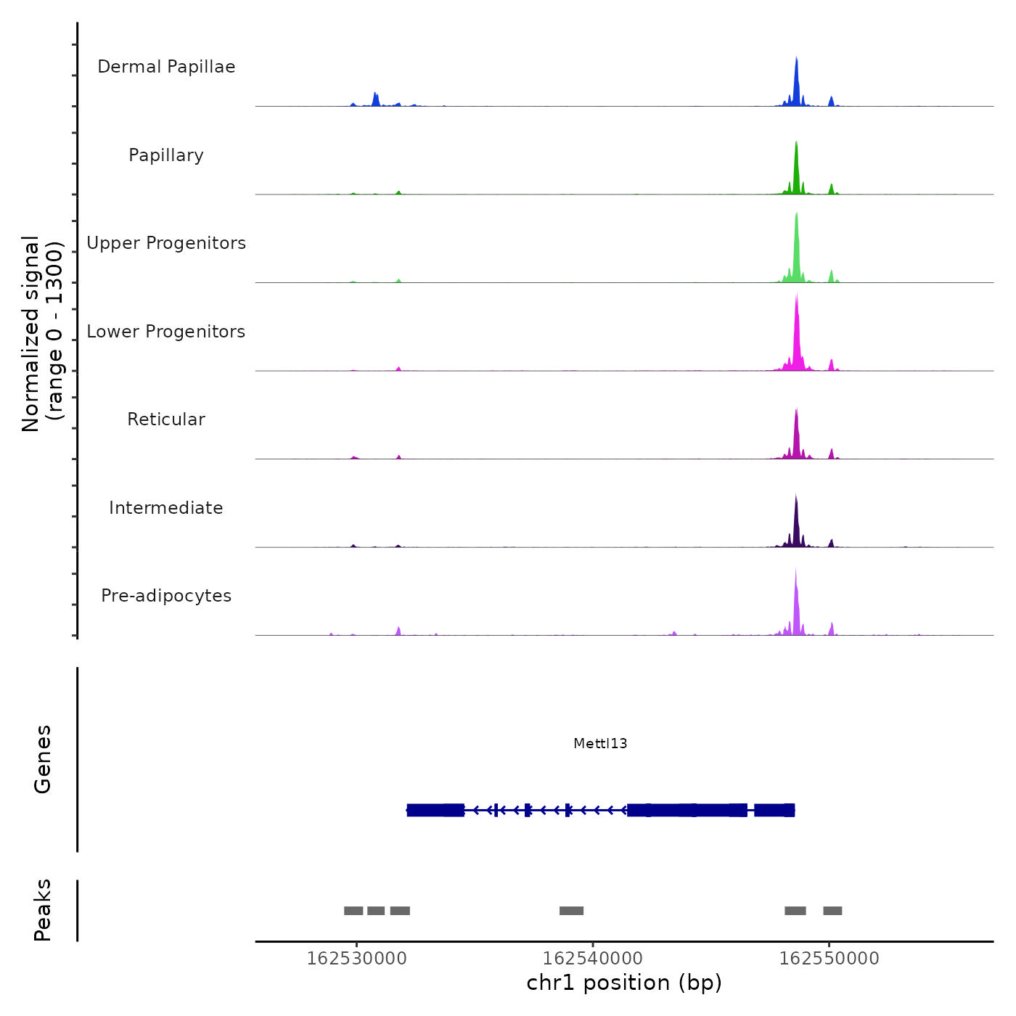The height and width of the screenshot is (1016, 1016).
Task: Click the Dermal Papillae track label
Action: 166,67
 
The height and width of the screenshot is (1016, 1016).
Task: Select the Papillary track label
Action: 166,155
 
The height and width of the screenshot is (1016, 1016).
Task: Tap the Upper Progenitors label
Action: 166,243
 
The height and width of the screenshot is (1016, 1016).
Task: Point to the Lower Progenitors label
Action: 166,332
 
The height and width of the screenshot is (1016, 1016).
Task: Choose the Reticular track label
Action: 166,419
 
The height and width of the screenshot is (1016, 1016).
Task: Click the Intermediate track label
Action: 166,508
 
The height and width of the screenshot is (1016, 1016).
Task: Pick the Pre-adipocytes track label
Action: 166,596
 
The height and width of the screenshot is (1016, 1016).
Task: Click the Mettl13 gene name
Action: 600,744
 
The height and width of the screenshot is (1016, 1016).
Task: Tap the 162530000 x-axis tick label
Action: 356,959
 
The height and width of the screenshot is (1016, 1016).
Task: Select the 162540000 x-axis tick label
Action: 592,959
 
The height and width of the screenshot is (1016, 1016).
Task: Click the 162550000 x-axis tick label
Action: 829,959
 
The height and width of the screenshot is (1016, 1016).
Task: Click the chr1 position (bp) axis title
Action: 624,983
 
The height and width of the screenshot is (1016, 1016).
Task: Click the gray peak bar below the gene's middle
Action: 571,911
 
